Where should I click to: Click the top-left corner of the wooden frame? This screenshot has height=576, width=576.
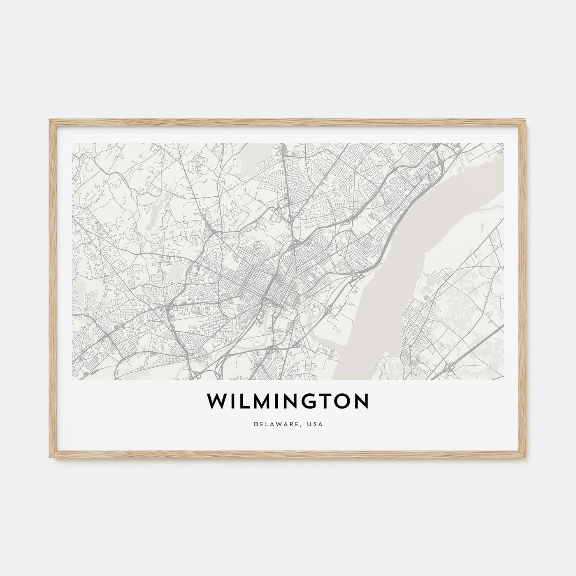click(49, 120)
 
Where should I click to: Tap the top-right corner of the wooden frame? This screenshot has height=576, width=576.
click(527, 120)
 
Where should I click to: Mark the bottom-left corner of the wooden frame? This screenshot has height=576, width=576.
click(49, 458)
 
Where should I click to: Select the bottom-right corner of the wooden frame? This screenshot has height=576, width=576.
click(527, 458)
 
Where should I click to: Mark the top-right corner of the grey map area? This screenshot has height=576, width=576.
click(503, 143)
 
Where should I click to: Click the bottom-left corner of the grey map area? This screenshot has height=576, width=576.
click(72, 379)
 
